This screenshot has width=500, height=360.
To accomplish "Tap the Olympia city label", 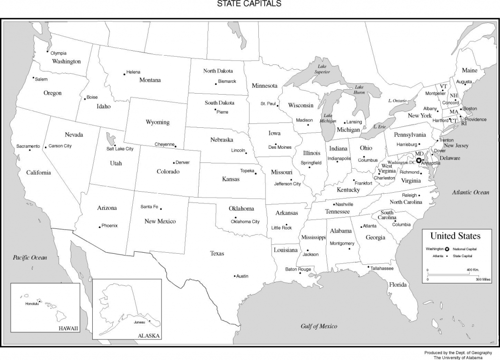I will (x=58, y=53).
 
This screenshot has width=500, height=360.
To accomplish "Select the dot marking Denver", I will (x=174, y=163).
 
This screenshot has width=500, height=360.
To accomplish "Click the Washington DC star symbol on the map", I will (x=418, y=160).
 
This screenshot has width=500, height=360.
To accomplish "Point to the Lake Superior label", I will (x=322, y=69).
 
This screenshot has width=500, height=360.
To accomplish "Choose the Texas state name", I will (x=217, y=253).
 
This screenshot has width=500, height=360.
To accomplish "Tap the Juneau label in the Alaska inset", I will (x=139, y=322).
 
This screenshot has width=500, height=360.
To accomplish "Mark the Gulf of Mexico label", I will (x=319, y=326).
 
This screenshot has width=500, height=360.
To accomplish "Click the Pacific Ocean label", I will (x=30, y=257).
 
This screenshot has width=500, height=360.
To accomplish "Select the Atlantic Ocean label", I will (x=470, y=192).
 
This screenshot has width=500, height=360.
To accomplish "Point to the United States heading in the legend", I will (x=455, y=236).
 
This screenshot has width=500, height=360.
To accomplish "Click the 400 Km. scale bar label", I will (x=472, y=270).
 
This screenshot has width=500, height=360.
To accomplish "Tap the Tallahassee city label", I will (x=382, y=268).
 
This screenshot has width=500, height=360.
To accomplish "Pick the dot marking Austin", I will (x=234, y=276).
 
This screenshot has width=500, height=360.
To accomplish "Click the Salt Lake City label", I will (x=120, y=149).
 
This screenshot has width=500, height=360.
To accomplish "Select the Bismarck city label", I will (x=227, y=81).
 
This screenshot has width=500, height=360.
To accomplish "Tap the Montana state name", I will (x=150, y=80).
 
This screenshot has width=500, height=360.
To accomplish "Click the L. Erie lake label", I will (x=379, y=126).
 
